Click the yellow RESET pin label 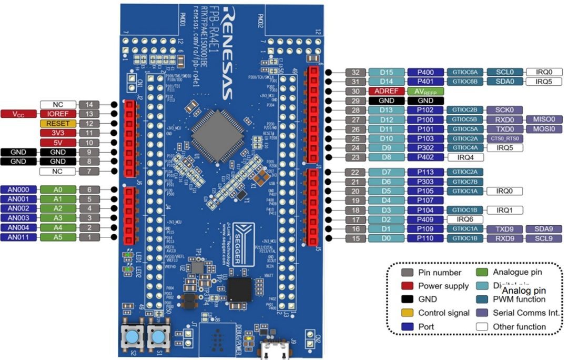58,123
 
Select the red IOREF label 58,114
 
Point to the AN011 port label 19,237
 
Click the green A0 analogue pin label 58,189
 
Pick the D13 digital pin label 386,110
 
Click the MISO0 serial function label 544,119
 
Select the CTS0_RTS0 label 505,138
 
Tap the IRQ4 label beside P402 465,157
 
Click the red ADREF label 386,91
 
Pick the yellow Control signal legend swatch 407,313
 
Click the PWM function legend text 519,299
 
